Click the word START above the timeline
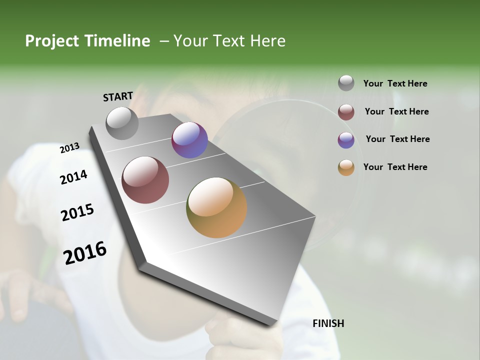[118, 96]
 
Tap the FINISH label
[328, 323]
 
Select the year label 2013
[69, 148]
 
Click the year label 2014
[73, 177]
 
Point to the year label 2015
[77, 212]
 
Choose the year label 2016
[85, 252]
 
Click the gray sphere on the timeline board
[122, 123]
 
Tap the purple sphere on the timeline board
[189, 140]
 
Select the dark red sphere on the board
[145, 180]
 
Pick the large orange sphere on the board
[216, 207]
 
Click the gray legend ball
[346, 83]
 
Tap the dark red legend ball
[346, 112]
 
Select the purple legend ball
[346, 140]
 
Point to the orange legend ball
[346, 167]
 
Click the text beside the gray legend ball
[395, 83]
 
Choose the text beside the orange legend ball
[395, 167]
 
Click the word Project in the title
[52, 41]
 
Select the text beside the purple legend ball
[397, 139]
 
